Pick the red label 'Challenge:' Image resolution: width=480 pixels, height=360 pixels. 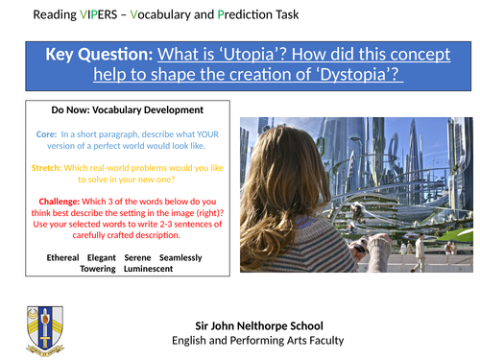pos(52,202)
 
